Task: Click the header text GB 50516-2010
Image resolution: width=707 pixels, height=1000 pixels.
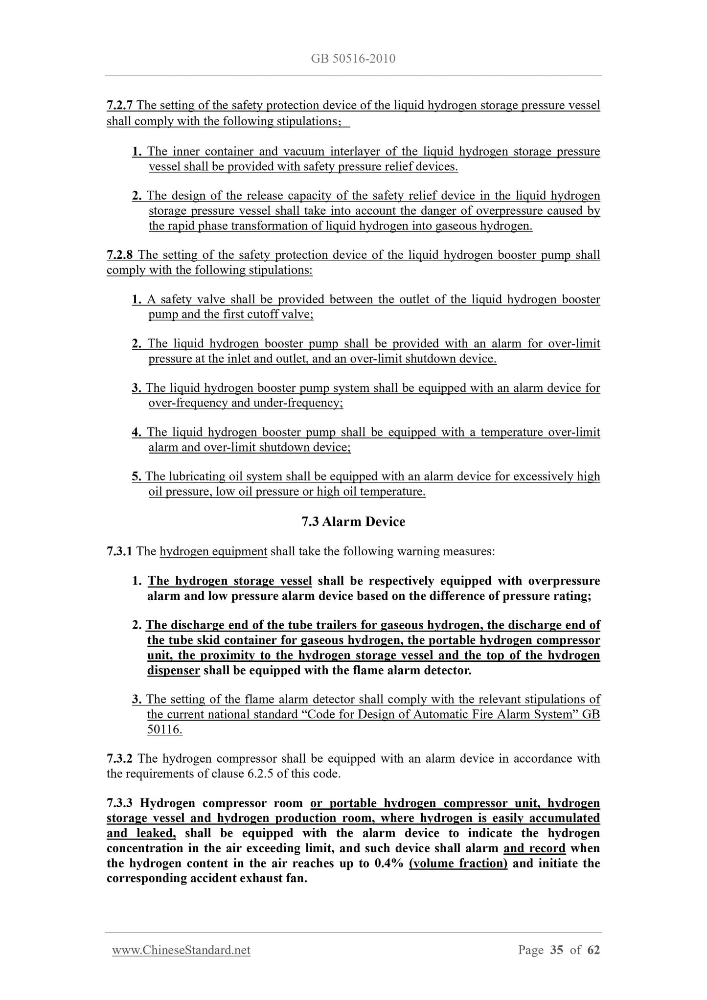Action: (x=353, y=59)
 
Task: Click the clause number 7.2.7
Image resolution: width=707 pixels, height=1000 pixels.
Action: (x=120, y=106)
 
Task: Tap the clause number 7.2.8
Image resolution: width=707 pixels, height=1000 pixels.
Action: (x=120, y=255)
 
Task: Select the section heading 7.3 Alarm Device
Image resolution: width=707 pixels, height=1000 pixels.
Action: (x=353, y=522)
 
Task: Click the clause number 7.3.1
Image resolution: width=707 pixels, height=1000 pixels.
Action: (x=119, y=551)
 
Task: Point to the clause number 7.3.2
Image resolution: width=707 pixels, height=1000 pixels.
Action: (x=120, y=758)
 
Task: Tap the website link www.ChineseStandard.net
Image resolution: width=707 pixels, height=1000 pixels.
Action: (x=181, y=950)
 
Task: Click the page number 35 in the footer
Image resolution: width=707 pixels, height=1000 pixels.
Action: (x=556, y=950)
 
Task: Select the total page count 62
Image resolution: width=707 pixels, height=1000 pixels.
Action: (x=593, y=950)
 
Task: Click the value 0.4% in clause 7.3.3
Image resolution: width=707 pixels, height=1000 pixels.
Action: (x=388, y=863)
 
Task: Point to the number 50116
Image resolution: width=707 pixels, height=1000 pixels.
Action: (x=164, y=729)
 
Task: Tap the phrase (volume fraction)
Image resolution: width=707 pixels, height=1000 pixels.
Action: (x=458, y=863)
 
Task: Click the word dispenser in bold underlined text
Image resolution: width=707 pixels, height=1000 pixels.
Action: (x=173, y=670)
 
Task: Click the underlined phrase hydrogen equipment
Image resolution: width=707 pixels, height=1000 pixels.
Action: (x=213, y=551)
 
